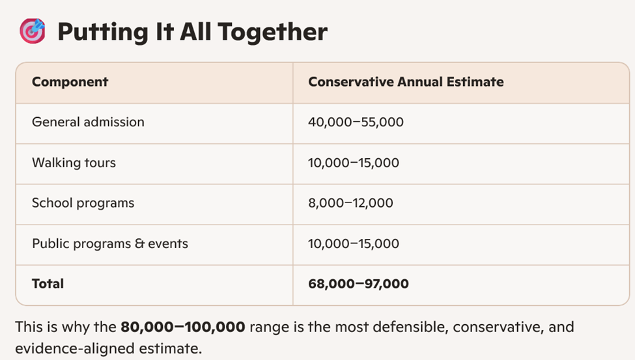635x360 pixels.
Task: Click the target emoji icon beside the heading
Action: [x=33, y=31]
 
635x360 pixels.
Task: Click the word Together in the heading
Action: [x=272, y=33]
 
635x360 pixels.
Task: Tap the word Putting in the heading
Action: [x=103, y=33]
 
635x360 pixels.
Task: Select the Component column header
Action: [x=70, y=82]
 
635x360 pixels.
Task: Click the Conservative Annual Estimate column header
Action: [x=406, y=82]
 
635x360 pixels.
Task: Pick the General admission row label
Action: [x=88, y=122]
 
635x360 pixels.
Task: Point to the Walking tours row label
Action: [x=74, y=162]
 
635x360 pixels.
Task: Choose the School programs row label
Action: [x=83, y=203]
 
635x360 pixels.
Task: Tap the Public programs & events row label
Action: [x=110, y=243]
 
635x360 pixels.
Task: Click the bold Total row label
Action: [x=48, y=283]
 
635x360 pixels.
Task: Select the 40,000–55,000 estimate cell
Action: [x=356, y=122]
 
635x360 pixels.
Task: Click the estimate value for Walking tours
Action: [x=354, y=162]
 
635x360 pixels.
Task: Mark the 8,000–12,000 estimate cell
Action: [x=350, y=203]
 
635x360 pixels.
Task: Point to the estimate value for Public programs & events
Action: [x=354, y=243]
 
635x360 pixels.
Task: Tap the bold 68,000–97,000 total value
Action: [x=358, y=283]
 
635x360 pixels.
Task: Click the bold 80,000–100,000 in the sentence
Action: [x=182, y=327]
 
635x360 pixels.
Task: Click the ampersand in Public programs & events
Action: [x=139, y=243]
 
